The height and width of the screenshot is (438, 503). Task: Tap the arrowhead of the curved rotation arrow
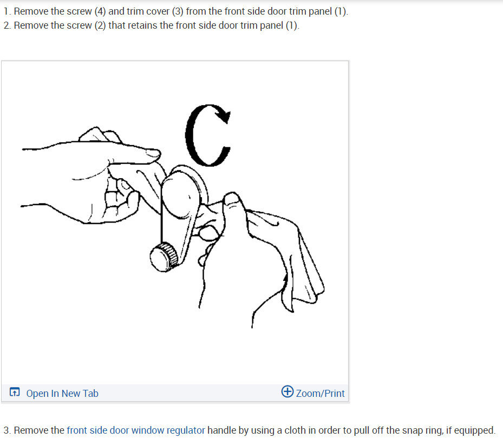(223, 115)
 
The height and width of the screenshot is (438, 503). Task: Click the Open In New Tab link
(62, 394)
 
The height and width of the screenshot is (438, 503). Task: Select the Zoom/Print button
(319, 393)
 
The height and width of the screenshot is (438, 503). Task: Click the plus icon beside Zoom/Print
(288, 392)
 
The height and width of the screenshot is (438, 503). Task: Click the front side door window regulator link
(136, 430)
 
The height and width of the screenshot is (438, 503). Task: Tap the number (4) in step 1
(101, 11)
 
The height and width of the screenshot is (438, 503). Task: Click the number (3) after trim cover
(178, 11)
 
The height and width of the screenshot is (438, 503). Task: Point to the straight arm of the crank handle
(171, 227)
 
